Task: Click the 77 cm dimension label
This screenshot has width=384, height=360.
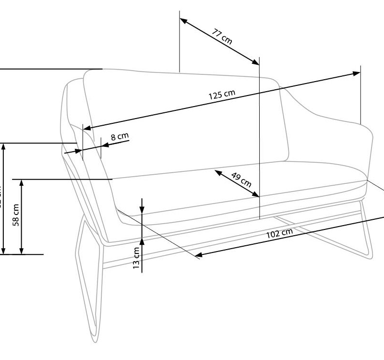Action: tap(222, 36)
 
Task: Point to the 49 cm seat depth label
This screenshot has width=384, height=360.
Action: tap(241, 178)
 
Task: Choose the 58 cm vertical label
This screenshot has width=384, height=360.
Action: tap(16, 214)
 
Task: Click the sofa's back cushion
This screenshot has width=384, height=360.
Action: tap(187, 120)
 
